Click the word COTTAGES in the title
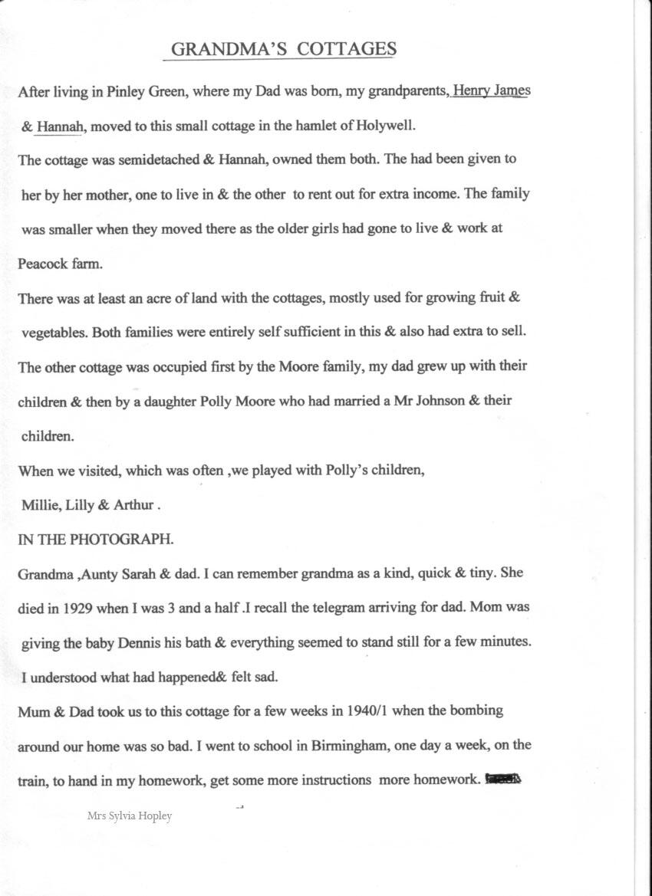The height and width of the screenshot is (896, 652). tap(347, 50)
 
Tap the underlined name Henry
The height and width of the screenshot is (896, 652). tap(471, 91)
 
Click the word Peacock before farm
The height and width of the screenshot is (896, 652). tap(43, 264)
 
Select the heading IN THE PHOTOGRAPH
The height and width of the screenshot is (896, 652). tap(96, 539)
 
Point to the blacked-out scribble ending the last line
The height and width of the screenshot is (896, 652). tap(502, 779)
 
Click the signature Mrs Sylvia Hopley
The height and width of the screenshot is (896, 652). tap(130, 816)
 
